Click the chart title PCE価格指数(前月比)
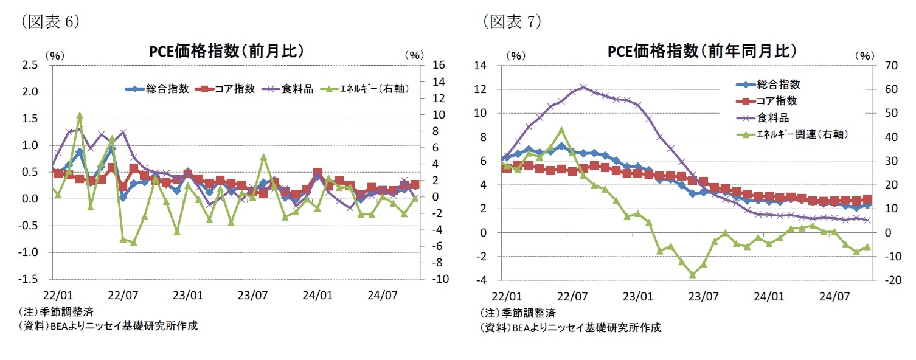click(x=227, y=52)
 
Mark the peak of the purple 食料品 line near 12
click(x=583, y=88)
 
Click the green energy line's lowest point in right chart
click(x=692, y=275)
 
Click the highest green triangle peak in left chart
click(x=80, y=116)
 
